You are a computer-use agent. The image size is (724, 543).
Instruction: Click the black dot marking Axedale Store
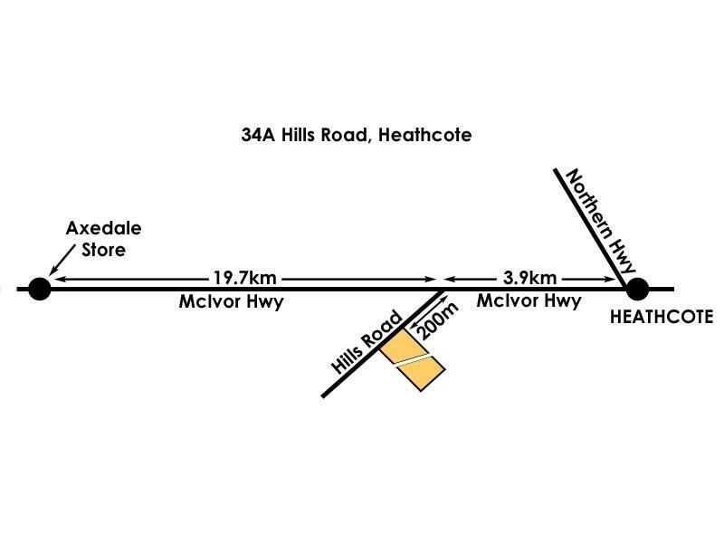pyautogui.click(x=39, y=289)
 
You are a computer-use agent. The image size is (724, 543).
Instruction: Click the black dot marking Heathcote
pyautogui.click(x=637, y=289)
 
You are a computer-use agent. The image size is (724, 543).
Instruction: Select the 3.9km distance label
pyautogui.click(x=529, y=277)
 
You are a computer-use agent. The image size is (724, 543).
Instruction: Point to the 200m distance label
pyautogui.click(x=435, y=321)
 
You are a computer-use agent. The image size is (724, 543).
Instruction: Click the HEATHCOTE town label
pyautogui.click(x=662, y=317)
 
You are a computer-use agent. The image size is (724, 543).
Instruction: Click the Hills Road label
pyautogui.click(x=367, y=342)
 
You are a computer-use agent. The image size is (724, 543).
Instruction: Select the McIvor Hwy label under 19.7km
pyautogui.click(x=231, y=301)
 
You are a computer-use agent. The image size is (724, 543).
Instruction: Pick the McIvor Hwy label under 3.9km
pyautogui.click(x=529, y=301)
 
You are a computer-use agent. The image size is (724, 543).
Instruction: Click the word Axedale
pyautogui.click(x=103, y=229)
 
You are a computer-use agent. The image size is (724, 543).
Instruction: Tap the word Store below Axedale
pyautogui.click(x=103, y=249)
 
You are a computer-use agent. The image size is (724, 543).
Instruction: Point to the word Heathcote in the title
pyautogui.click(x=425, y=135)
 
